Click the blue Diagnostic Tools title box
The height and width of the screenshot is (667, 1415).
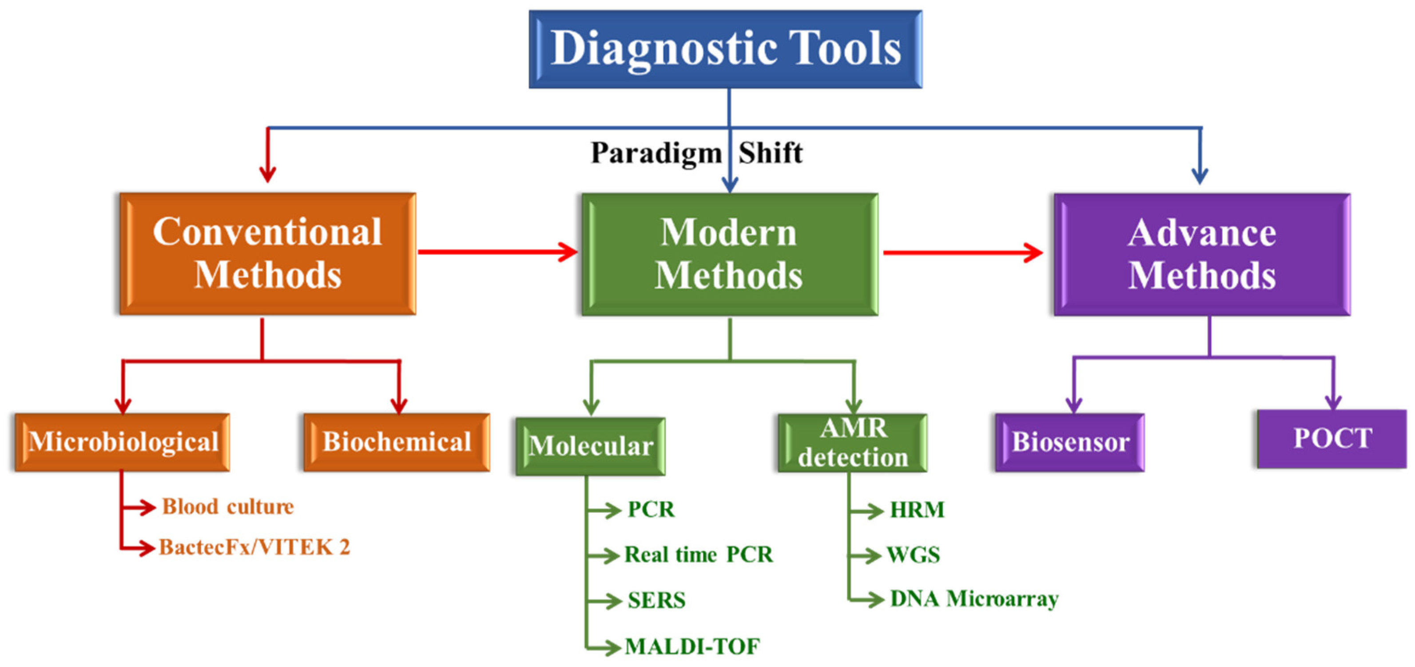(x=725, y=49)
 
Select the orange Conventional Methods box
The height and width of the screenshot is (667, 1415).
(x=267, y=253)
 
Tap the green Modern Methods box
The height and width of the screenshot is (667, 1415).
(x=729, y=254)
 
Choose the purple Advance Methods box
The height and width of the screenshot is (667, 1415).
(x=1202, y=254)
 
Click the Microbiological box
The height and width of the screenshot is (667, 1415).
(x=123, y=442)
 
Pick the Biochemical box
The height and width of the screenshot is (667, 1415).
(x=397, y=442)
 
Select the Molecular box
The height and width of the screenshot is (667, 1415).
(x=591, y=446)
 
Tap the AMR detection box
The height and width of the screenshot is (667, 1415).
(x=853, y=443)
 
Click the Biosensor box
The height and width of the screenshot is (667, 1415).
(x=1070, y=442)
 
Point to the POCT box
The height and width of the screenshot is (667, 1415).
(x=1332, y=439)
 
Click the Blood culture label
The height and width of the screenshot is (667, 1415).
(x=228, y=507)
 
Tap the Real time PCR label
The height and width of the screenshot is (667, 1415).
(x=699, y=555)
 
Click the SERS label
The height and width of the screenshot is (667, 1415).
(x=656, y=600)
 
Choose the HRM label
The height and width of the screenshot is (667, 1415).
(x=917, y=510)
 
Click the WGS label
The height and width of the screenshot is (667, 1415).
(x=914, y=555)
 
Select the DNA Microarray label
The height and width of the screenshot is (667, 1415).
(x=974, y=599)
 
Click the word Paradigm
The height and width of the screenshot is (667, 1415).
(x=656, y=153)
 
